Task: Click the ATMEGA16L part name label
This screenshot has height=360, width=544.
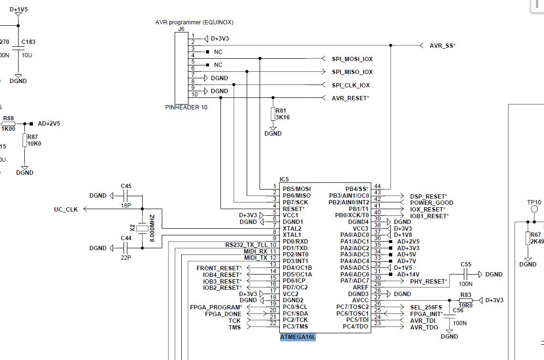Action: tap(298, 337)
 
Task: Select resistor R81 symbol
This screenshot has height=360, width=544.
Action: tap(273, 114)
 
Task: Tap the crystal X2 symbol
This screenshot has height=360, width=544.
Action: tap(142, 229)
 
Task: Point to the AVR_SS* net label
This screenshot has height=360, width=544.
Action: tap(442, 45)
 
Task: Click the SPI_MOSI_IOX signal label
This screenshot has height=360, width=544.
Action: tap(352, 59)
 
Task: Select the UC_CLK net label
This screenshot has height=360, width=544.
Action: tap(65, 209)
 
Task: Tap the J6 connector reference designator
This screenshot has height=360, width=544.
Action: tap(181, 29)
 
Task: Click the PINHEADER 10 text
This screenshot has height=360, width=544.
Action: tap(187, 107)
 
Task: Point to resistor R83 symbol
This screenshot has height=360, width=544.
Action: tap(466, 300)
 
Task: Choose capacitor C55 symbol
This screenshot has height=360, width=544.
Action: tap(466, 275)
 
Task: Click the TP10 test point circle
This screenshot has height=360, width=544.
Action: tap(534, 209)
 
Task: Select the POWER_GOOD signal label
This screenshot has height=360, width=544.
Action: tap(431, 203)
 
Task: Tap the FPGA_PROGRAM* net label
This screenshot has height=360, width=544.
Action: tap(216, 307)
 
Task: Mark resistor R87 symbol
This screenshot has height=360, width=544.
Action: tap(25, 140)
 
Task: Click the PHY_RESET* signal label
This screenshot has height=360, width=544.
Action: tap(429, 282)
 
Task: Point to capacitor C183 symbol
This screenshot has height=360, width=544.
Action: tap(18, 49)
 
